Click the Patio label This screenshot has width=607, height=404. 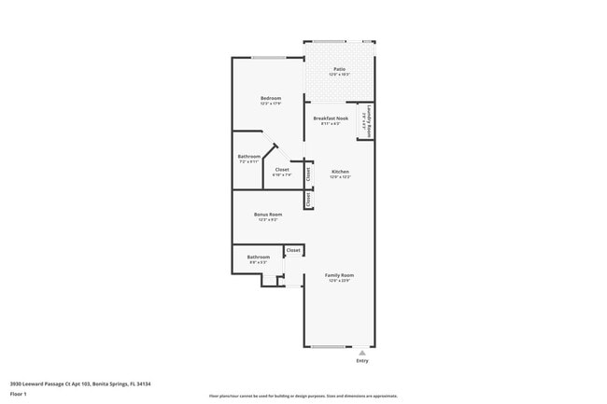pyautogui.click(x=339, y=69)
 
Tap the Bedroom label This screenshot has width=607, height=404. pyautogui.click(x=270, y=98)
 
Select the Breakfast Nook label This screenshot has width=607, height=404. pyautogui.click(x=331, y=118)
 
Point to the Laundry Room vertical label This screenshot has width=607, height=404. pyautogui.click(x=370, y=120)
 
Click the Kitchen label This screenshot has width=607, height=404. pyautogui.click(x=340, y=172)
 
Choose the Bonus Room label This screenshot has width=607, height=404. pyautogui.click(x=268, y=214)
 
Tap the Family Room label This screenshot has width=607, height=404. pyautogui.click(x=339, y=275)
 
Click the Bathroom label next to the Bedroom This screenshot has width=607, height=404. pyautogui.click(x=249, y=156)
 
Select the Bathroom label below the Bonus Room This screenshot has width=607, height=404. pyautogui.click(x=259, y=257)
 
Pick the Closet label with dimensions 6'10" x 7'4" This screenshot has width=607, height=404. pyautogui.click(x=281, y=169)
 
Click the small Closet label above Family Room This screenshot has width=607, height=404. pyautogui.click(x=293, y=250)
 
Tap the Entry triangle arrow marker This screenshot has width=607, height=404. pyautogui.click(x=362, y=353)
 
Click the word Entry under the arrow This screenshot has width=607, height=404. pyautogui.click(x=362, y=361)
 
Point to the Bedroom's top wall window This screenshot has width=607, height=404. pyautogui.click(x=269, y=58)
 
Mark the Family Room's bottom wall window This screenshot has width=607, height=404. pyautogui.click(x=328, y=347)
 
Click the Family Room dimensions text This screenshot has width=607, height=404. pyautogui.click(x=339, y=281)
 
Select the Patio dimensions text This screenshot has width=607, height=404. pyautogui.click(x=339, y=75)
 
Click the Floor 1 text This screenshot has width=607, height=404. pyautogui.click(x=19, y=394)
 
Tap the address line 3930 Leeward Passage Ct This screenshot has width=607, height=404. pyautogui.click(x=80, y=383)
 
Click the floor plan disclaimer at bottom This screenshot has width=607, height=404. pyautogui.click(x=303, y=397)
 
